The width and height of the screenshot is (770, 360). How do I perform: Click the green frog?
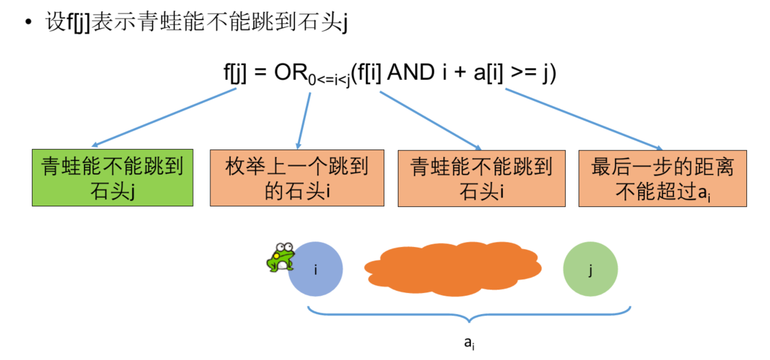(x=280, y=257)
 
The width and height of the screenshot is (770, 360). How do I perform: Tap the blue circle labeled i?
(x=316, y=269)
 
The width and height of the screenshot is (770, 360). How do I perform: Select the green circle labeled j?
(x=590, y=269)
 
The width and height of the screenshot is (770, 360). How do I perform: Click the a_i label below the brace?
(x=469, y=343)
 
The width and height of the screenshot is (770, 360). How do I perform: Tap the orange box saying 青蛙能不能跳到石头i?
(x=481, y=178)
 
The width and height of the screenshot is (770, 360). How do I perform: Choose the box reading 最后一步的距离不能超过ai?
(x=662, y=178)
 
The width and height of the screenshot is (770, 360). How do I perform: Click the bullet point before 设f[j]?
(x=28, y=22)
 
